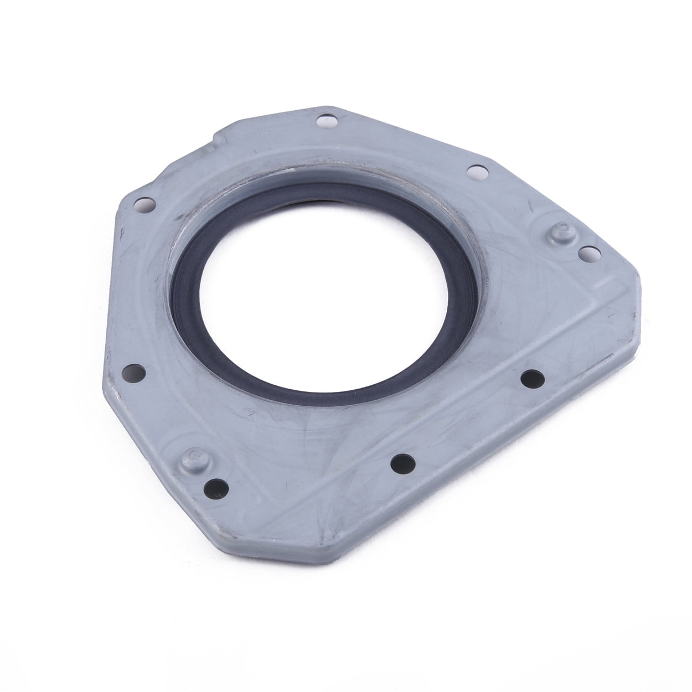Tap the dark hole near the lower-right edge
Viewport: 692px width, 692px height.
click(533, 379)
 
